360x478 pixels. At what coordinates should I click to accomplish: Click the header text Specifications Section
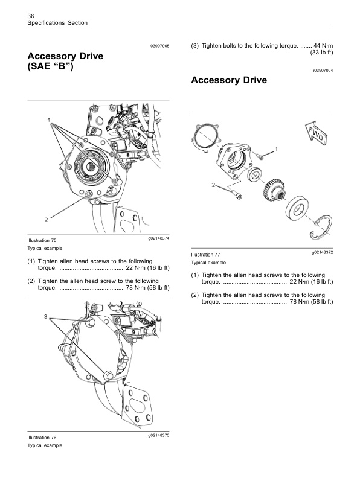[57, 23]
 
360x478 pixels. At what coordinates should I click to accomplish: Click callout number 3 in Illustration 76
[45, 316]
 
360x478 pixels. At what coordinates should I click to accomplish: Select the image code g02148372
[323, 252]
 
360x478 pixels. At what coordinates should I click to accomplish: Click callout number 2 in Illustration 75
[45, 218]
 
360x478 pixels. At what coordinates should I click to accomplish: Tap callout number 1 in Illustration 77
[277, 148]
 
